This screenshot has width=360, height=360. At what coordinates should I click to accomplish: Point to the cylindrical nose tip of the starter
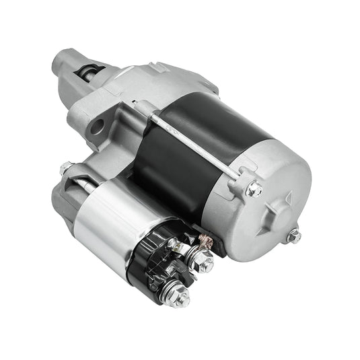click(65, 62)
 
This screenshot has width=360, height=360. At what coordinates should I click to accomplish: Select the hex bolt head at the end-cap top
click(254, 190)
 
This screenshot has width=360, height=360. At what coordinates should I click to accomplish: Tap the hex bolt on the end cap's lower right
click(293, 236)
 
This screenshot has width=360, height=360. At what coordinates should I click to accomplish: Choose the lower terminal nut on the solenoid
click(180, 294)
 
